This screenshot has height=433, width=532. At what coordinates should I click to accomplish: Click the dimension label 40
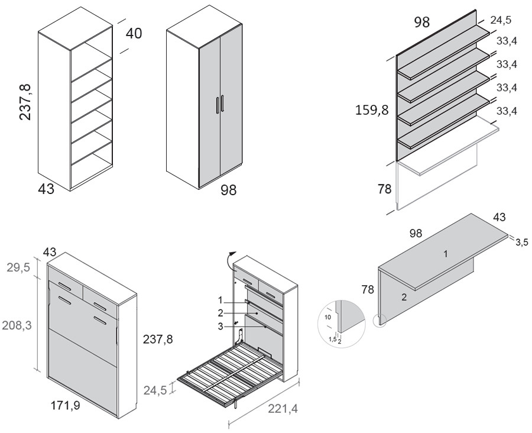134,34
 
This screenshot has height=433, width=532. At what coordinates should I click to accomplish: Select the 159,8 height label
372,109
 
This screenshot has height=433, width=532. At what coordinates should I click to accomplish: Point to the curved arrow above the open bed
229,258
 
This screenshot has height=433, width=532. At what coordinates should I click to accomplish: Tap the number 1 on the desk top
446,254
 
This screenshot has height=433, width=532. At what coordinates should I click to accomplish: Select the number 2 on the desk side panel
404,298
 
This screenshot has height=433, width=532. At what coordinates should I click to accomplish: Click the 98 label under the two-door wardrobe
228,190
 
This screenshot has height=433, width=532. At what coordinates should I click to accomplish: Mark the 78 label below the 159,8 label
384,190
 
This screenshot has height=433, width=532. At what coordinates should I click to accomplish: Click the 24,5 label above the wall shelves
500,20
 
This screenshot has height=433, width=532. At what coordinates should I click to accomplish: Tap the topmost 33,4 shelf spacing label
507,41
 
